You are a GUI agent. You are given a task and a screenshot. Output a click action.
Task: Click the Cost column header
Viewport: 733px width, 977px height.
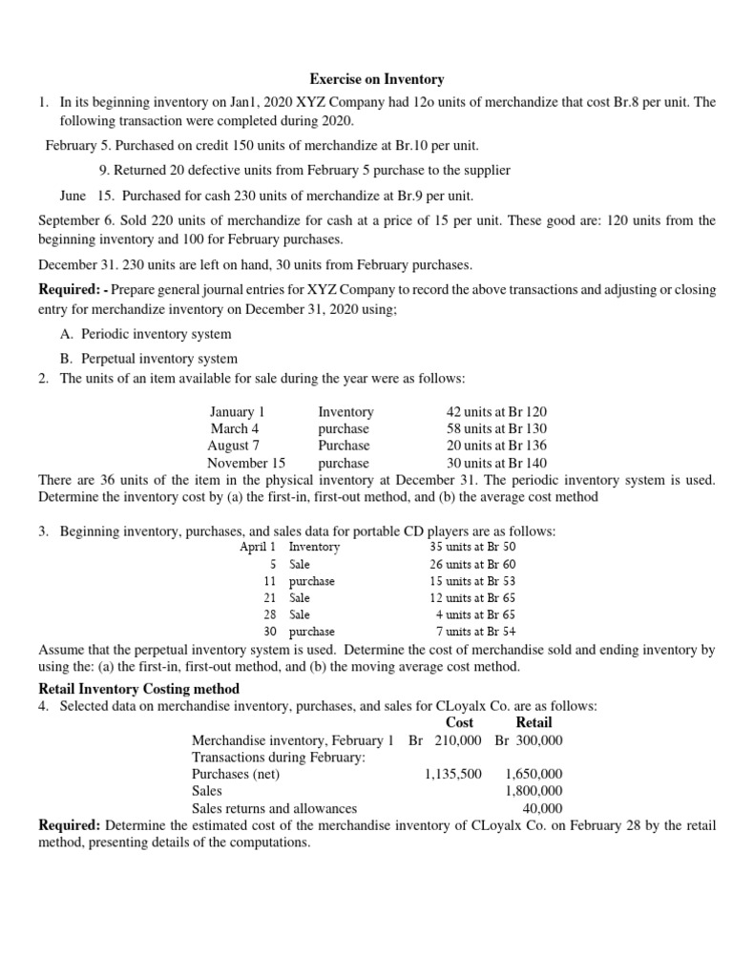(x=459, y=722)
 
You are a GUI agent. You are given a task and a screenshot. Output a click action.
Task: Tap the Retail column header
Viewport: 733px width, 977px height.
(x=534, y=722)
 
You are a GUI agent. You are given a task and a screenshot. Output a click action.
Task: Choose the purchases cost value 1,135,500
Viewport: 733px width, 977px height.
(x=452, y=774)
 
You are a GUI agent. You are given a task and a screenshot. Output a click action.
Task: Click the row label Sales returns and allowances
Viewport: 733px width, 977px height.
(x=274, y=808)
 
